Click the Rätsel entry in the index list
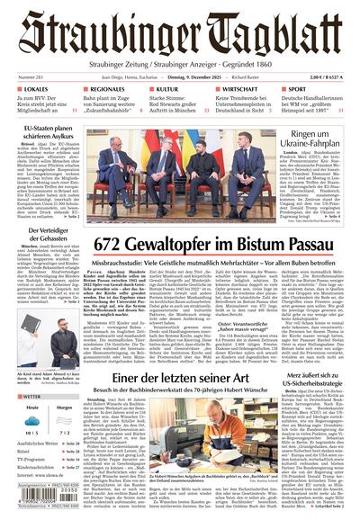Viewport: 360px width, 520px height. point(26,454)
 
